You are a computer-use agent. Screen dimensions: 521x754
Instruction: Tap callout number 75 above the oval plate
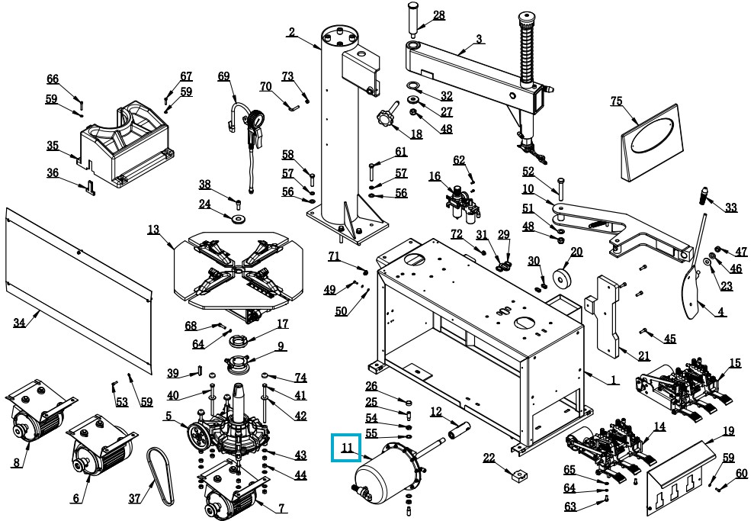point(617,101)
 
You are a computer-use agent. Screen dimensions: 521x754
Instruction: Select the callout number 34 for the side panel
point(20,323)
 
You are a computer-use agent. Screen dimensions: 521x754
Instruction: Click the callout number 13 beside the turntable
point(153,229)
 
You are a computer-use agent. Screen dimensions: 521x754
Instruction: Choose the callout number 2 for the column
point(291,32)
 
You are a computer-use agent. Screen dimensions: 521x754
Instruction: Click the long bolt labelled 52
point(560,188)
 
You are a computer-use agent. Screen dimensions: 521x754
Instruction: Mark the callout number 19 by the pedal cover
point(729,431)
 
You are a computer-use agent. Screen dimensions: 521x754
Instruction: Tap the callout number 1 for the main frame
point(614,379)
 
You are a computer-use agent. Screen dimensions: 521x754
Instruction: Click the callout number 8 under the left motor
point(16,462)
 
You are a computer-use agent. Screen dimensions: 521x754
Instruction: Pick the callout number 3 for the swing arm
point(479,39)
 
